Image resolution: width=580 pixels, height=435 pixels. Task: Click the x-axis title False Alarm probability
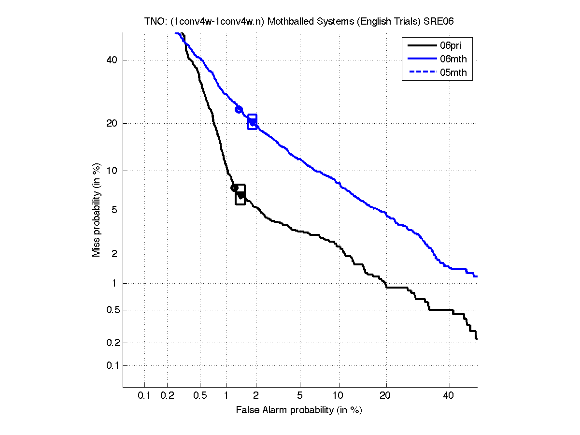coord(299,410)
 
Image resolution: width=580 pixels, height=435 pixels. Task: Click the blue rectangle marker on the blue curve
coord(252,122)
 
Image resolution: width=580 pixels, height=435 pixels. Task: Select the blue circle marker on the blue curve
coord(239,110)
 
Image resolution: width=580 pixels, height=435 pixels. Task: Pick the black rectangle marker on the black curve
coord(240,194)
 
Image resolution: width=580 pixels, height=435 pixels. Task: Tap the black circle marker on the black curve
coord(234,188)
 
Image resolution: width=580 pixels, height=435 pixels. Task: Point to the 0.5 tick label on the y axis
coord(112,310)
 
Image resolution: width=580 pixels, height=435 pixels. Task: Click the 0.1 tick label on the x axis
coord(144,396)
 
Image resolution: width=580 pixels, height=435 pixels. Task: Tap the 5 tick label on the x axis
coord(300,396)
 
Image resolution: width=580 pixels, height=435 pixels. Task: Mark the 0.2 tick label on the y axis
coord(112,343)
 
